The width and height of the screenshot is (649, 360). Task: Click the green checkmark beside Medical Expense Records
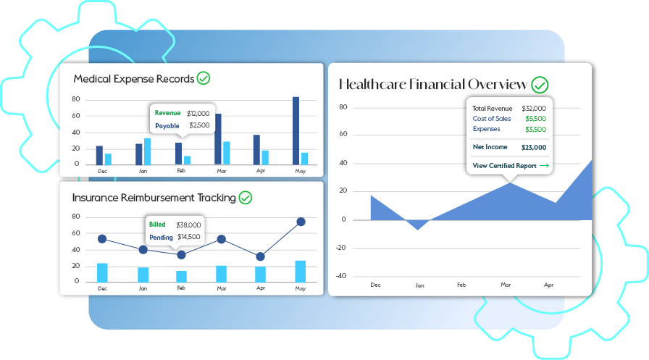(x=204, y=78)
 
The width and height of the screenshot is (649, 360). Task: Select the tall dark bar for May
(x=296, y=130)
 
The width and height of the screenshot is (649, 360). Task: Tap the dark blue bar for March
(x=218, y=138)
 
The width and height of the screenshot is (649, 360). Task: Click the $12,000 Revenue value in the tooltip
(x=198, y=113)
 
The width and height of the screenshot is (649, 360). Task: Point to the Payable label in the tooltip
(x=167, y=125)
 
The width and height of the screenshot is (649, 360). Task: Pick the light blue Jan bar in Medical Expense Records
(x=147, y=151)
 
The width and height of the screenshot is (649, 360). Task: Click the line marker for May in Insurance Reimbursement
(x=301, y=222)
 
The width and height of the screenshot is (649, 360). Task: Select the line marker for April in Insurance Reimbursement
(x=260, y=256)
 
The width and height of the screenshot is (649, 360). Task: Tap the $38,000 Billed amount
(x=188, y=225)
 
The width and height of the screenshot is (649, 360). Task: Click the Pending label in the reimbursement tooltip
(x=160, y=237)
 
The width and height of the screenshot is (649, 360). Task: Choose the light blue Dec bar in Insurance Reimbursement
(x=102, y=272)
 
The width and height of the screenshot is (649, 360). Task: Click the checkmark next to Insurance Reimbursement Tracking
(x=246, y=197)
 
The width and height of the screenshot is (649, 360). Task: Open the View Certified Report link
(x=510, y=166)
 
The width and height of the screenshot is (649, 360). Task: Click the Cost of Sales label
(x=491, y=118)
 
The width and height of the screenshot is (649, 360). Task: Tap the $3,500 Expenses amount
(x=535, y=129)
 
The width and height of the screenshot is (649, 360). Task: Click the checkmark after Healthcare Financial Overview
(x=540, y=85)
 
